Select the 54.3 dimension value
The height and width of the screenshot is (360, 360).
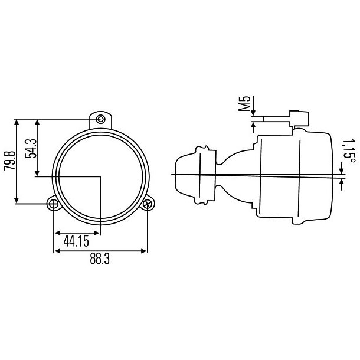(x=31, y=148)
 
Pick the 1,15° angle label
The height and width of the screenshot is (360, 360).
(x=349, y=150)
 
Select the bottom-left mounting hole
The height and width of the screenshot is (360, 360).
(x=54, y=205)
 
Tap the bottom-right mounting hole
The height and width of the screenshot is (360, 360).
(x=148, y=205)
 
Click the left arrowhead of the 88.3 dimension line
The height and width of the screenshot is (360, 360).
(x=57, y=250)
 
